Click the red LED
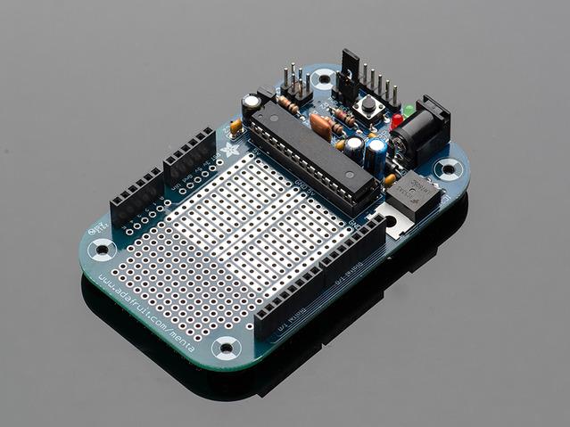point(396,120)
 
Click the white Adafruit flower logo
point(231,151)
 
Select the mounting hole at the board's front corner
point(227,346)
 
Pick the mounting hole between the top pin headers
point(323,78)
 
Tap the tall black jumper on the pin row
point(349,70)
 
